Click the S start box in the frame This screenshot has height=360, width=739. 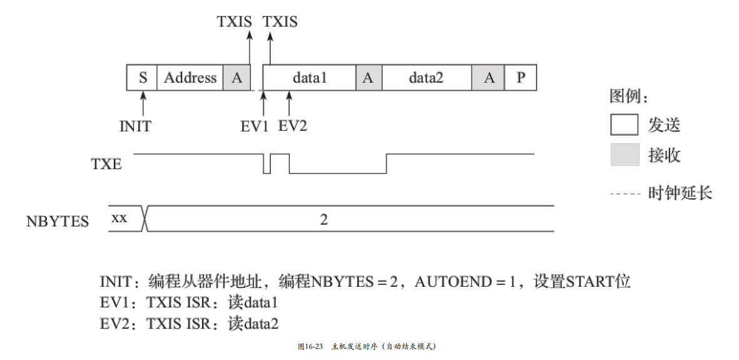pyautogui.click(x=142, y=78)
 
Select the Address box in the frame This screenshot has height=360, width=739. pyautogui.click(x=190, y=78)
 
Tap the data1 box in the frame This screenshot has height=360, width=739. pyautogui.click(x=310, y=78)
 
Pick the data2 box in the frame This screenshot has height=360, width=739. pyautogui.click(x=426, y=78)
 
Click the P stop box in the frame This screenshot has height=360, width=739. pyautogui.click(x=521, y=78)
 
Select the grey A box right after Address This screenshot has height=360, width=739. pyautogui.click(x=237, y=78)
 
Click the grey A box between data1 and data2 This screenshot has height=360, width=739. pyautogui.click(x=369, y=78)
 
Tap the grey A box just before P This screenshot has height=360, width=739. pyautogui.click(x=489, y=78)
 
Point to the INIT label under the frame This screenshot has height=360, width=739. pyautogui.click(x=135, y=126)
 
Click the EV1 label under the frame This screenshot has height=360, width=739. pyautogui.click(x=255, y=126)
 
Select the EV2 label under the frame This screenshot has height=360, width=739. pyautogui.click(x=292, y=126)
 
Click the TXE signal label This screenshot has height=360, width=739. pyautogui.click(x=106, y=165)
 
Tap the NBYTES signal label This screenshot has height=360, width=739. pyautogui.click(x=58, y=222)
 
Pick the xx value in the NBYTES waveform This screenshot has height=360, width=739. pyautogui.click(x=119, y=219)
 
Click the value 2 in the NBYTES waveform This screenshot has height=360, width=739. pyautogui.click(x=324, y=220)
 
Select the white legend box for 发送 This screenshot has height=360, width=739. pyautogui.click(x=624, y=125)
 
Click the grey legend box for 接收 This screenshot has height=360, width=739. pyautogui.click(x=624, y=155)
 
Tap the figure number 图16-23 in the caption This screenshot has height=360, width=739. pyautogui.click(x=310, y=346)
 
